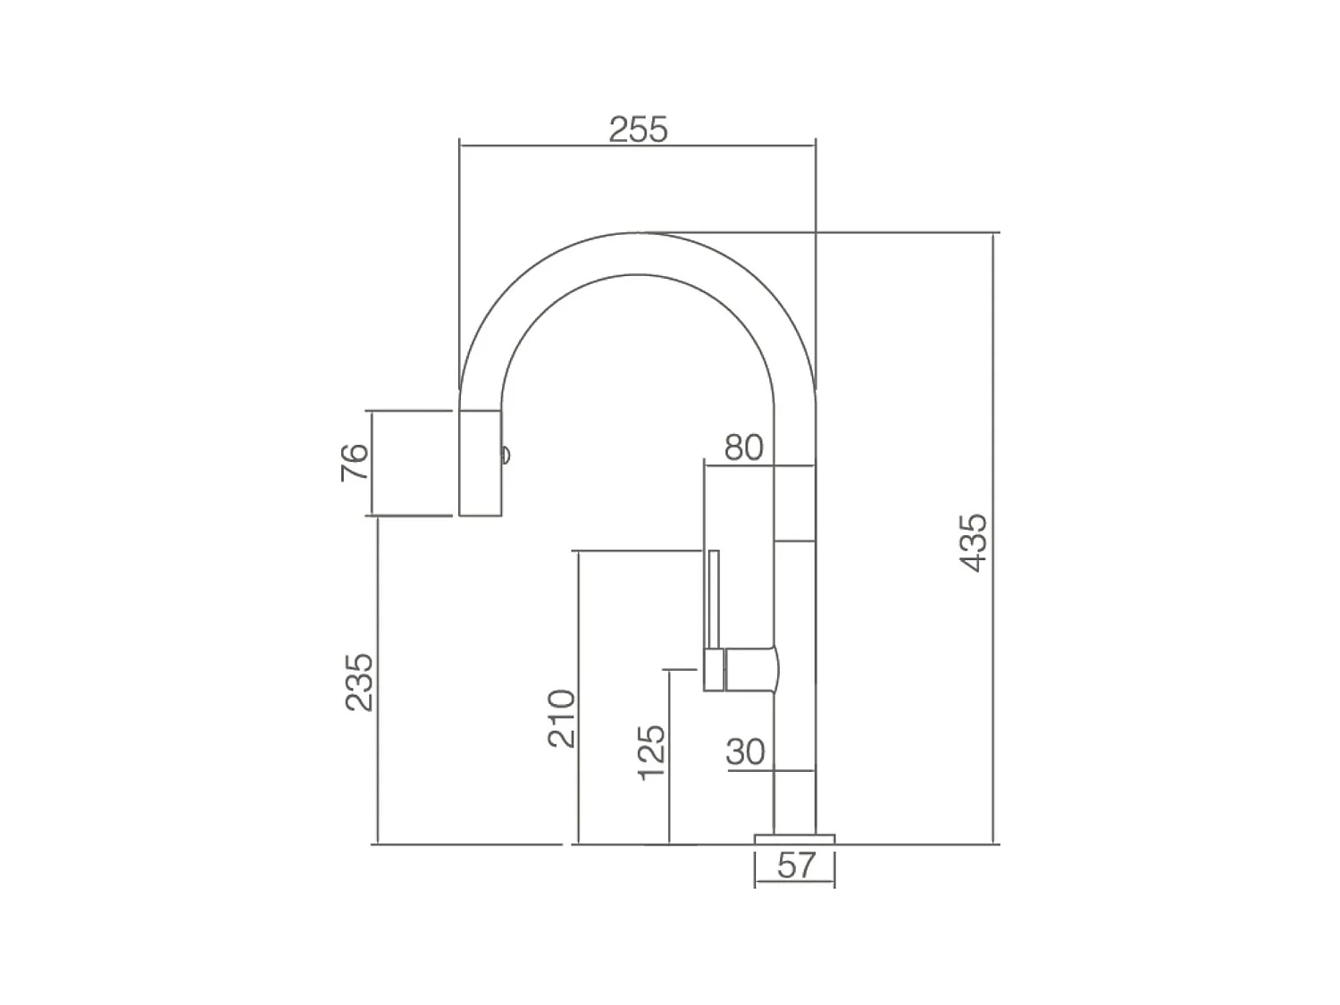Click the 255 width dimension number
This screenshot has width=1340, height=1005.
639,129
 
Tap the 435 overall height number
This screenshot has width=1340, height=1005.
973,543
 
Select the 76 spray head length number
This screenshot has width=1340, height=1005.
355,462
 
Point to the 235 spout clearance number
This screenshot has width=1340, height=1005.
359,683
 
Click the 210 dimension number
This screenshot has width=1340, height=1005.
561,718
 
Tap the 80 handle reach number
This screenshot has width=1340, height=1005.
743,448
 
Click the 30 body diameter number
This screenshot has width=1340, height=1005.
745,752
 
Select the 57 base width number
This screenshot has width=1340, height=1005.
797,866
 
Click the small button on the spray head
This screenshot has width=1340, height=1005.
506,455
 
